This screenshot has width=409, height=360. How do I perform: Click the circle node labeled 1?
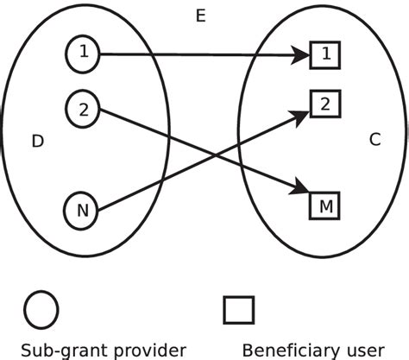tap(83, 54)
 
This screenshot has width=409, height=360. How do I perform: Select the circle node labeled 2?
tap(83, 109)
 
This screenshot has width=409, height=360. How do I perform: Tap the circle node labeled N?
tap(83, 210)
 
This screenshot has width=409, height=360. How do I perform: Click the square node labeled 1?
tap(325, 55)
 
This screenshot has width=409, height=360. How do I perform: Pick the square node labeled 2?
tap(325, 104)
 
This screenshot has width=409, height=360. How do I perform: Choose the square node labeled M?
tap(325, 205)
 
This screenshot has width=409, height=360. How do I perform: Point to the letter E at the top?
tap(200, 16)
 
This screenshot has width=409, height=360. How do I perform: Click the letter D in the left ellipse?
tap(37, 141)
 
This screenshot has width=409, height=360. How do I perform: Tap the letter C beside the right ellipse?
tap(374, 138)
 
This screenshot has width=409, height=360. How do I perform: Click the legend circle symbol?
tap(41, 309)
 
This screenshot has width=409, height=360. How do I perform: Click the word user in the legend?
tap(367, 350)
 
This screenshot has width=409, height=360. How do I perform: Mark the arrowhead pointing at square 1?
tap(300, 56)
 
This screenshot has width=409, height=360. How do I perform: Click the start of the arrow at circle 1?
tap(101, 54)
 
